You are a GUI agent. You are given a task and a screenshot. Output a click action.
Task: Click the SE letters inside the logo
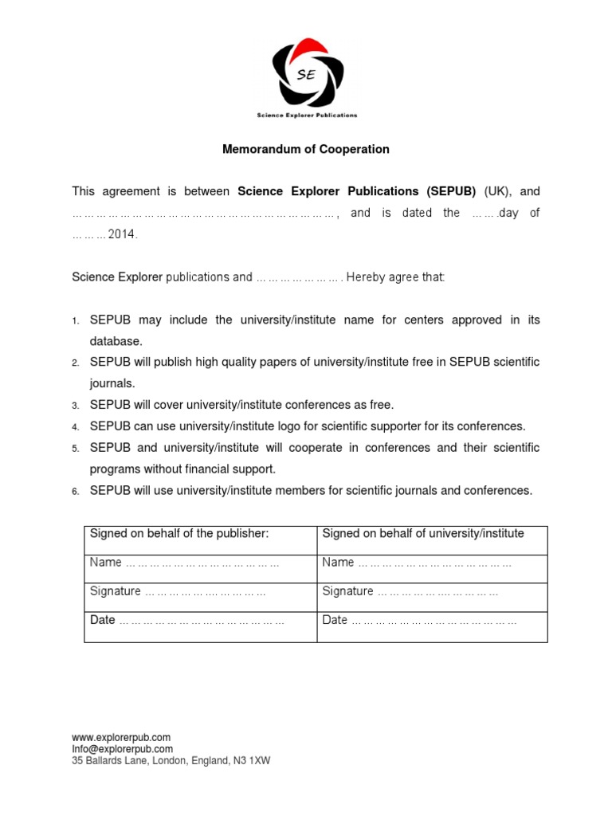[x=305, y=75]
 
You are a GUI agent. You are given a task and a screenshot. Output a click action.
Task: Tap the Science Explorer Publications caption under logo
[x=307, y=116]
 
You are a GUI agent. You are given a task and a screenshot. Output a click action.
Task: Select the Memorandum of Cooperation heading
[x=305, y=149]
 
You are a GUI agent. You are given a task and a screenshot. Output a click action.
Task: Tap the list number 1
[x=75, y=321]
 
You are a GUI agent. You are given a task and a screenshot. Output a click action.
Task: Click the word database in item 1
[x=116, y=341]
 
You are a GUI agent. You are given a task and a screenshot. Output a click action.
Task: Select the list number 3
[x=75, y=406]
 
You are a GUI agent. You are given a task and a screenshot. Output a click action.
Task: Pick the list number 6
[x=75, y=492]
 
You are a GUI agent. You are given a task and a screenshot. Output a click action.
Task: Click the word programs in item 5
[x=116, y=469]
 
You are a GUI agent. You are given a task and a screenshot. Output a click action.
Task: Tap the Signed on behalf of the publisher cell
[x=179, y=534]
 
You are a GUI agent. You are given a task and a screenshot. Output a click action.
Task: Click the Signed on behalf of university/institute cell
[x=423, y=534]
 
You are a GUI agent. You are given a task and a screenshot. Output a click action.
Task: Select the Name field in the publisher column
[x=184, y=563]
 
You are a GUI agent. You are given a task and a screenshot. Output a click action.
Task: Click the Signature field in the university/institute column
[x=410, y=591]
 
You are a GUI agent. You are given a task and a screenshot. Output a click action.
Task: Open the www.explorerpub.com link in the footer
[x=121, y=738]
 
